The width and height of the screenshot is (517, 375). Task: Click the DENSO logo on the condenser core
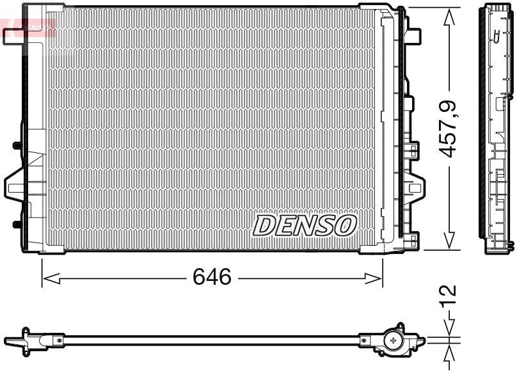point(305,225)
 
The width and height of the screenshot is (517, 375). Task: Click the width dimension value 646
point(212,278)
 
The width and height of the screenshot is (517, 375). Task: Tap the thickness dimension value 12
point(450,294)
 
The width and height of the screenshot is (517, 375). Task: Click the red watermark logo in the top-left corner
point(28,26)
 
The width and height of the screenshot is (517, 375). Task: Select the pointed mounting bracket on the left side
point(15,186)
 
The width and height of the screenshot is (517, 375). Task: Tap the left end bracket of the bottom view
point(22,339)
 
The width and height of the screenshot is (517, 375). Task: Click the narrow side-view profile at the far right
point(498,128)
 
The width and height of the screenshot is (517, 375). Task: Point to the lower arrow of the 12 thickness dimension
point(450,355)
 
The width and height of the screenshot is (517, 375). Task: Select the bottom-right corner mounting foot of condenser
point(413,243)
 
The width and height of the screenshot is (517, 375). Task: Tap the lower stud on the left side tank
point(16,224)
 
